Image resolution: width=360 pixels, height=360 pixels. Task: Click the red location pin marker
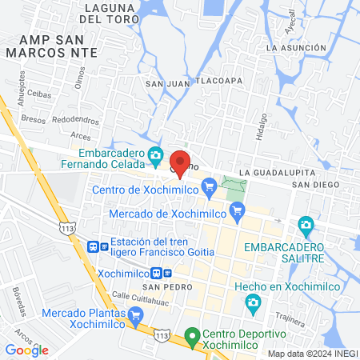pos(180,162)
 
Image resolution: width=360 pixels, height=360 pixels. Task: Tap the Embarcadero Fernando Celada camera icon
pos(156,154)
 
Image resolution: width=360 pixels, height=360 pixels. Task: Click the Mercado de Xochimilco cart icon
pos(236,212)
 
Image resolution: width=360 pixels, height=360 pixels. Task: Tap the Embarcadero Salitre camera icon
pos(304,225)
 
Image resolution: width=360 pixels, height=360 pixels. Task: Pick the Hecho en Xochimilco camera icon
pos(253,302)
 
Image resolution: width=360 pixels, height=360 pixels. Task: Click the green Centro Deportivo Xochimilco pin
pos(191,335)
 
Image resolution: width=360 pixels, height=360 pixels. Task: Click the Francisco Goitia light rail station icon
pos(94,247)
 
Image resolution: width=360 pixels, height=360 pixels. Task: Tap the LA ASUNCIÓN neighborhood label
pos(298,48)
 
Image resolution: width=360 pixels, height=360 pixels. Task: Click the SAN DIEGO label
pos(312,185)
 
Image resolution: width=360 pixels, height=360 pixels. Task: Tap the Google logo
pos(26,350)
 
